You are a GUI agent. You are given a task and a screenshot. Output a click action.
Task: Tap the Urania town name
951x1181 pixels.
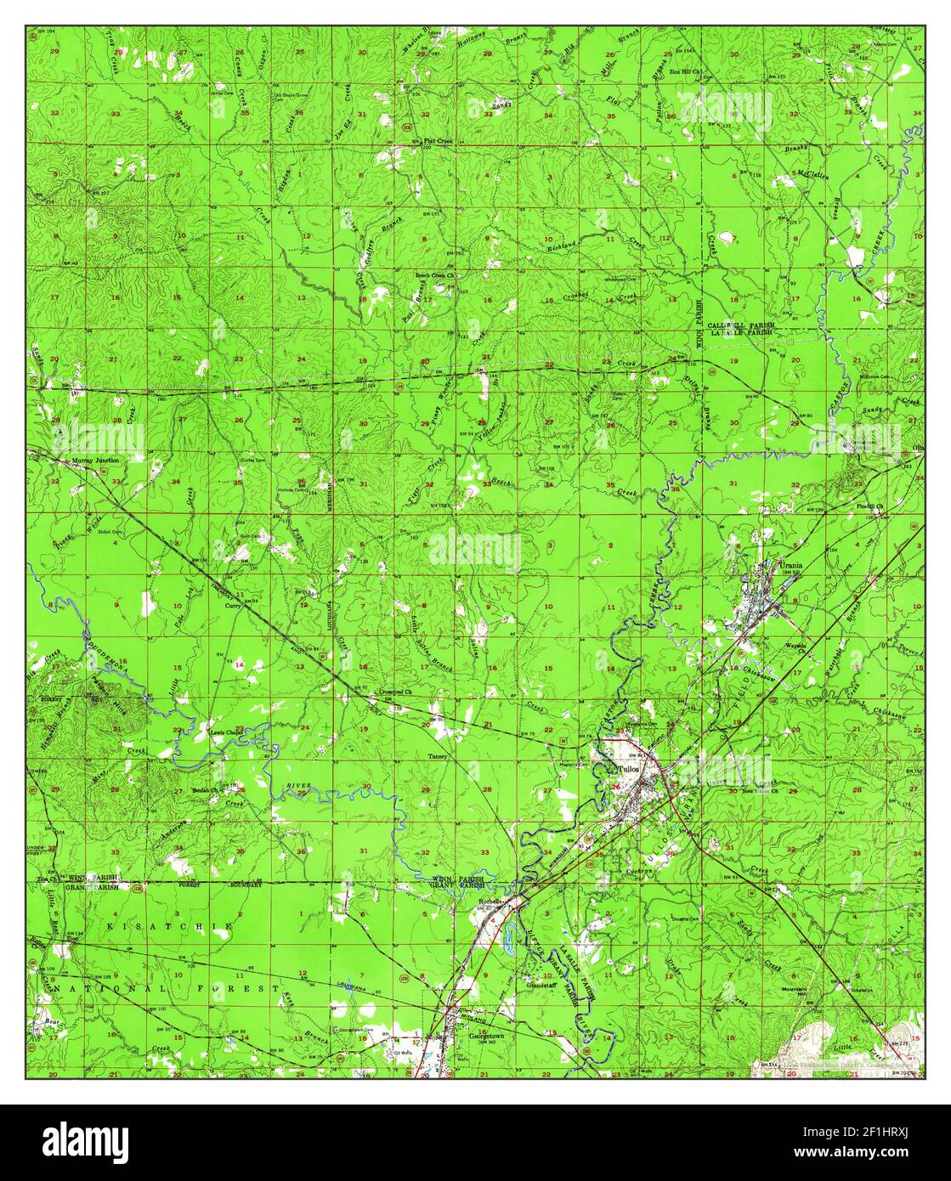coord(791,564)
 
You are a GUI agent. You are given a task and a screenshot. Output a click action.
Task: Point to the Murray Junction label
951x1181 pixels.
coord(95,460)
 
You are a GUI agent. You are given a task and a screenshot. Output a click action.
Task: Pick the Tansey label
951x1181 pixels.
coord(438,754)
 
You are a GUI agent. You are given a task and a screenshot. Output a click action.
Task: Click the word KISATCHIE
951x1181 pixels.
coord(169,925)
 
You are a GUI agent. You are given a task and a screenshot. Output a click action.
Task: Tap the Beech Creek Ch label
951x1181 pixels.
coord(436,276)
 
